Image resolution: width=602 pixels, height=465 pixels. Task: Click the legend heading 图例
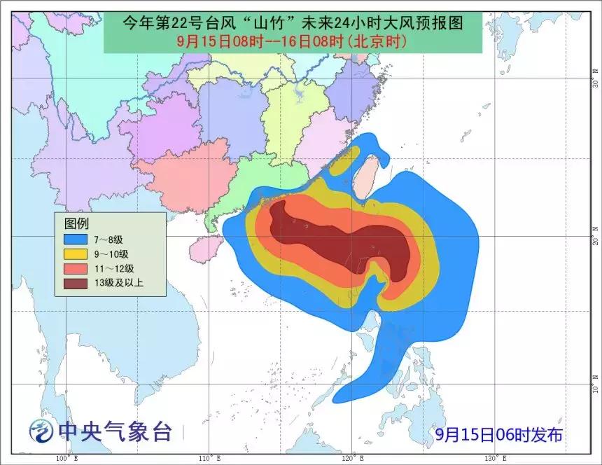pyautogui.click(x=76, y=224)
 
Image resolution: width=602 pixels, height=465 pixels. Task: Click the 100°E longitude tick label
pyautogui.click(x=66, y=458)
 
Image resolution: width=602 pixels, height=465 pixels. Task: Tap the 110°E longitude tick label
pyautogui.click(x=207, y=458)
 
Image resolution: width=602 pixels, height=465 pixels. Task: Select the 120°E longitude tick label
pyautogui.click(x=349, y=458)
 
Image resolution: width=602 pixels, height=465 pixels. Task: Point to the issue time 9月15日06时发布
pyautogui.click(x=498, y=435)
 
